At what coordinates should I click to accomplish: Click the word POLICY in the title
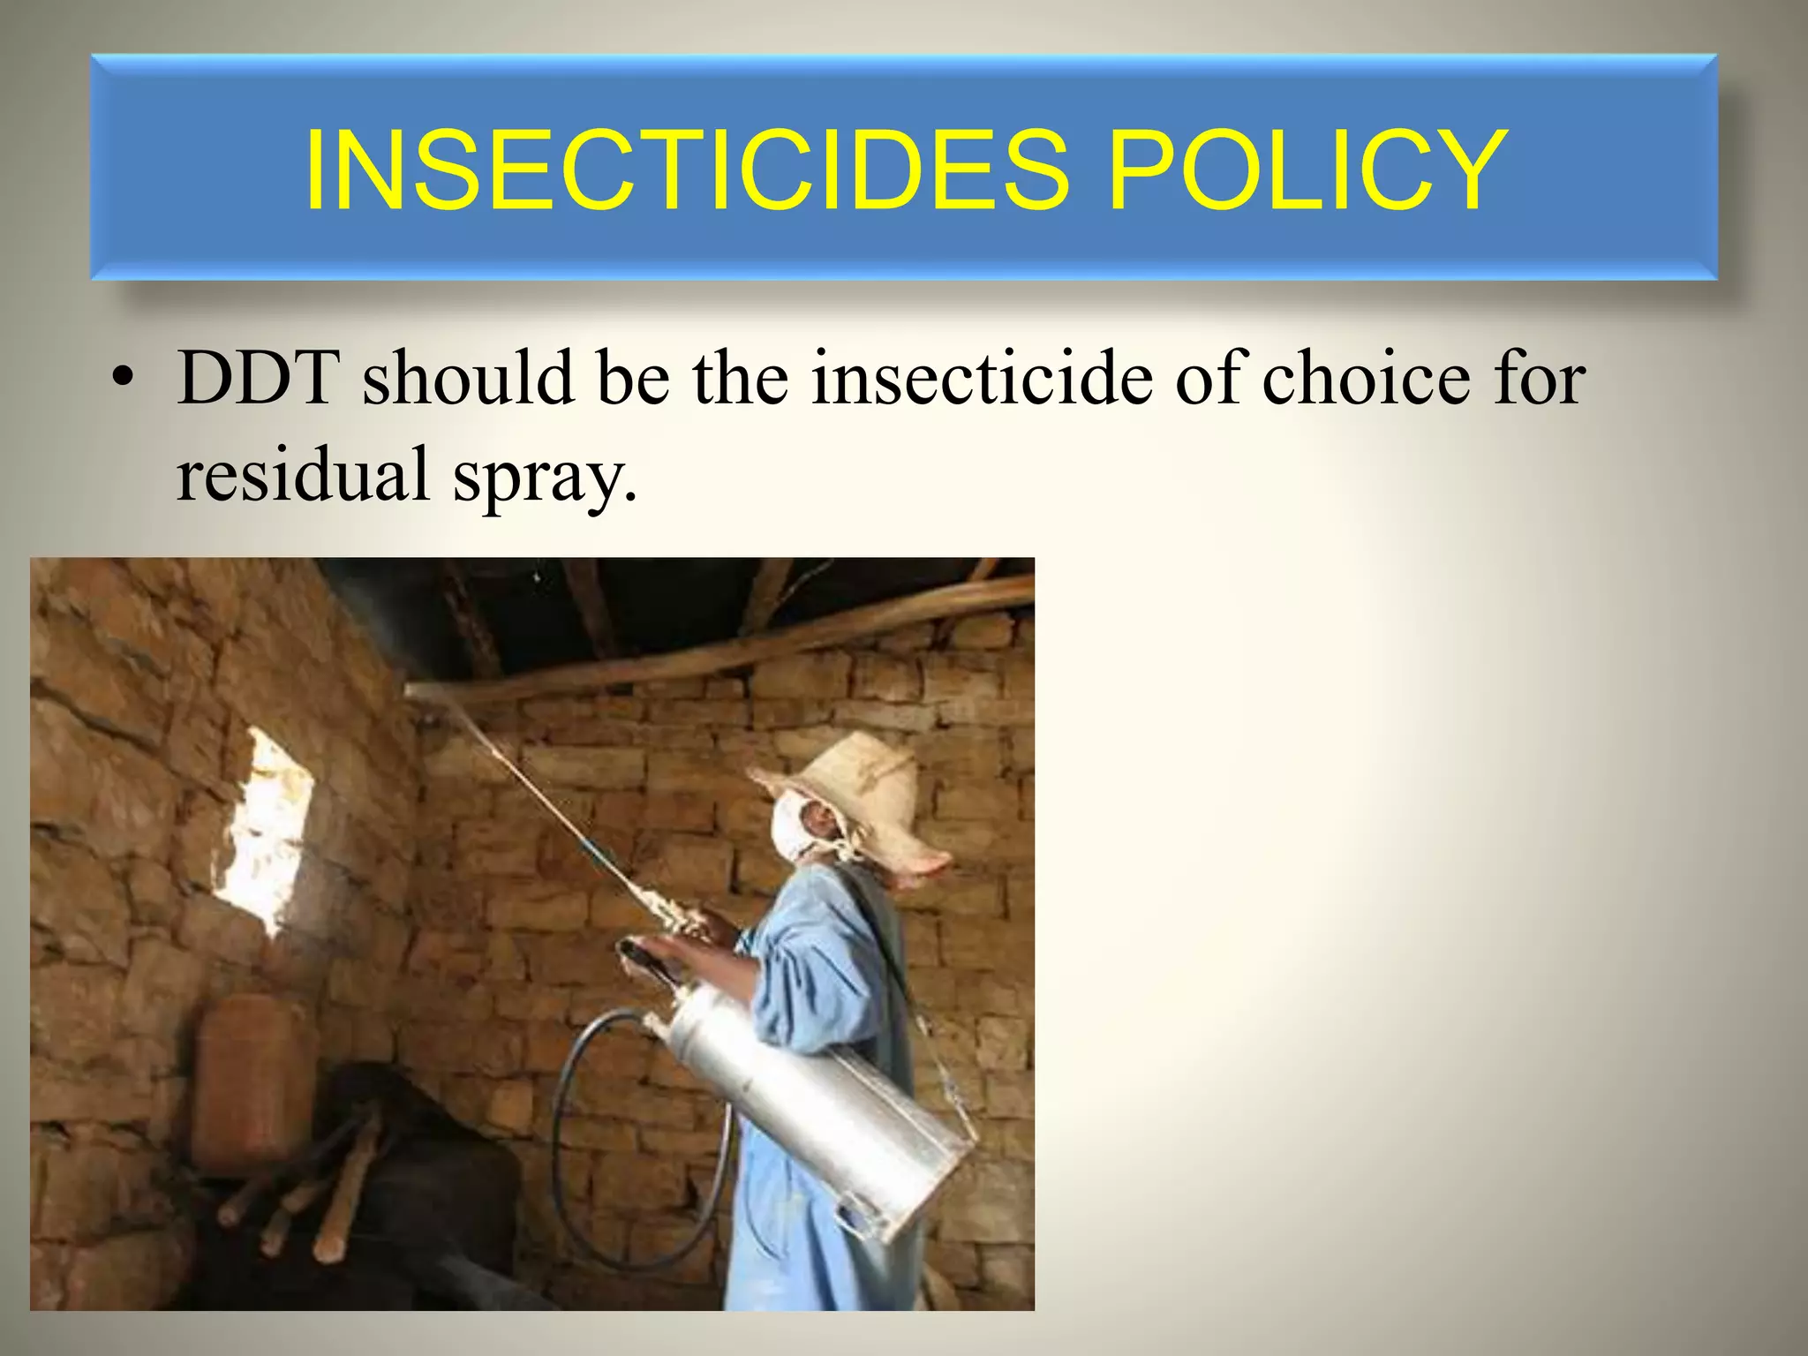tap(1307, 169)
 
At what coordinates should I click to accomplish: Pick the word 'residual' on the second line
tap(302, 474)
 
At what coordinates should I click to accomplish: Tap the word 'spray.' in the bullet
tap(544, 477)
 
